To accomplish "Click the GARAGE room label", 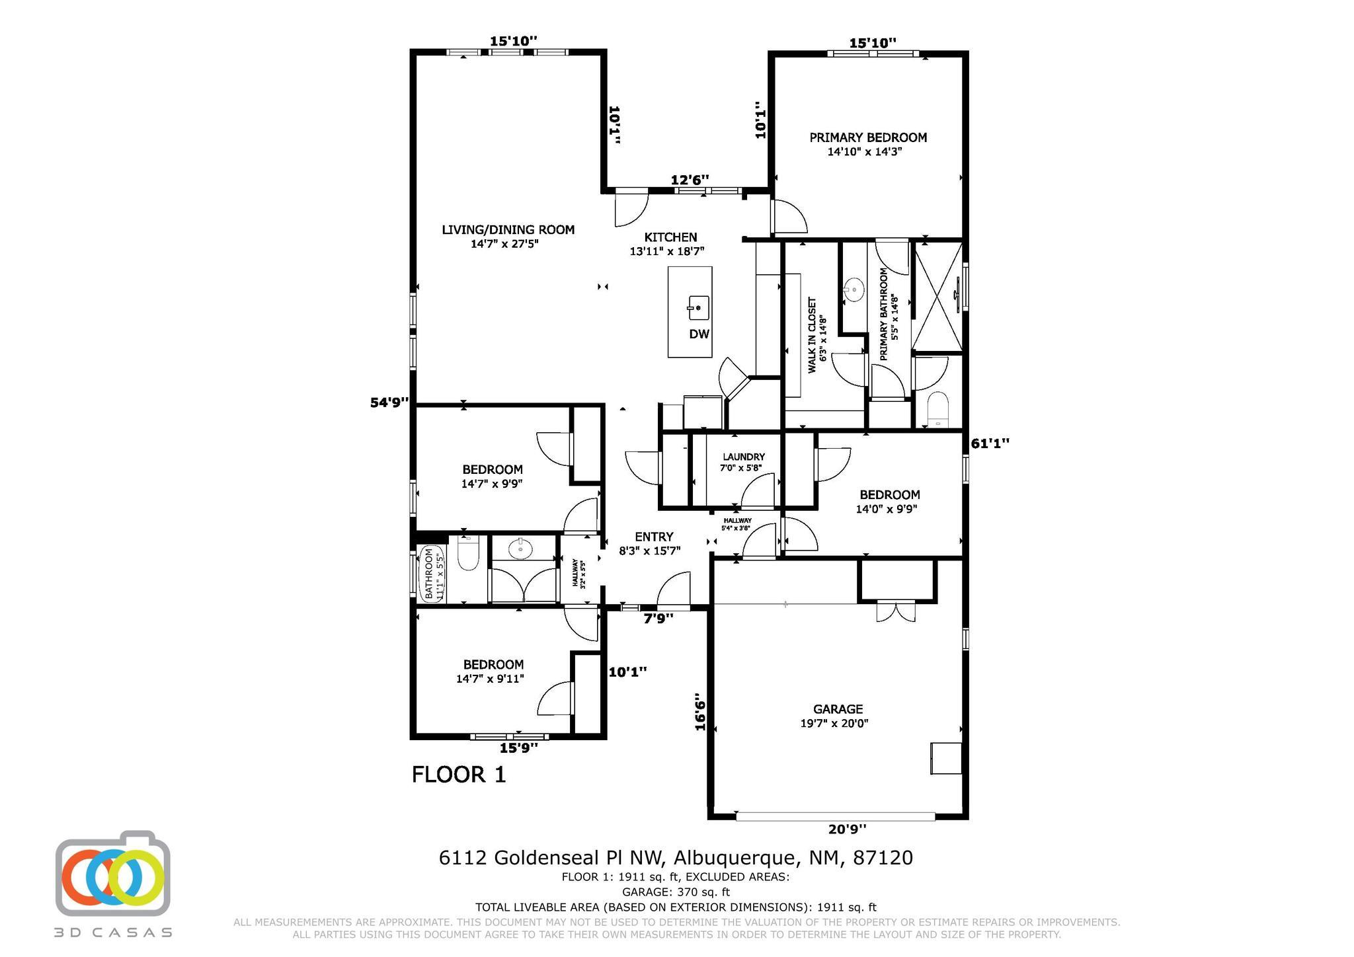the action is [x=838, y=709].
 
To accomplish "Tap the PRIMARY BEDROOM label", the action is [x=868, y=137].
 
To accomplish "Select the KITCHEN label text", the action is [x=670, y=237].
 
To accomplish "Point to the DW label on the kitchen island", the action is [x=699, y=334].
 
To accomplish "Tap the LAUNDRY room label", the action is [x=744, y=457].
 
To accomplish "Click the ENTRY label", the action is [x=654, y=537].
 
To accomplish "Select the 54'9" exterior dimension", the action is [x=389, y=402].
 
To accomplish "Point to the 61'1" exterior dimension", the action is [x=990, y=443].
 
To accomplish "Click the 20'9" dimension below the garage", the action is [x=848, y=829].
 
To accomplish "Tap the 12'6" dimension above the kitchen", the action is [x=690, y=180].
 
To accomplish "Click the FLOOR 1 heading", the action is [x=459, y=774].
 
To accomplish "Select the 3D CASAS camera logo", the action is [x=113, y=873].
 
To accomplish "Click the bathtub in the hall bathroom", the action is [x=428, y=573].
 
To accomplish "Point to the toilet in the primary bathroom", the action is [x=937, y=410].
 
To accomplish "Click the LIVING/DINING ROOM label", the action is [x=508, y=230].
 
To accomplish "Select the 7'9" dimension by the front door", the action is [x=658, y=619].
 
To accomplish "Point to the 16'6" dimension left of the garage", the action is [x=701, y=711].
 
